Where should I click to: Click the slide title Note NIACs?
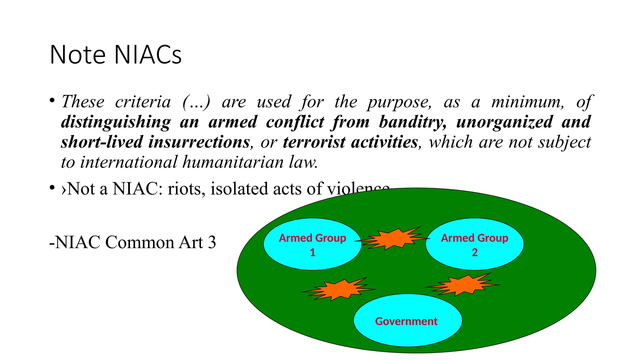coord(115,55)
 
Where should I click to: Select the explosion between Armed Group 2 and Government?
coord(462,285)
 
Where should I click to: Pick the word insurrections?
coord(199,142)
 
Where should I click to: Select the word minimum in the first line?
coord(527,102)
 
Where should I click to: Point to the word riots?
coord(184,189)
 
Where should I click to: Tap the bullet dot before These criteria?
coord(52,101)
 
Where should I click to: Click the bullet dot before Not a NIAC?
coord(52,188)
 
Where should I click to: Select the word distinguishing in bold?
coord(116,122)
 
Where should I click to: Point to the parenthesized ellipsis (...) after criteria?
coord(196,102)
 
